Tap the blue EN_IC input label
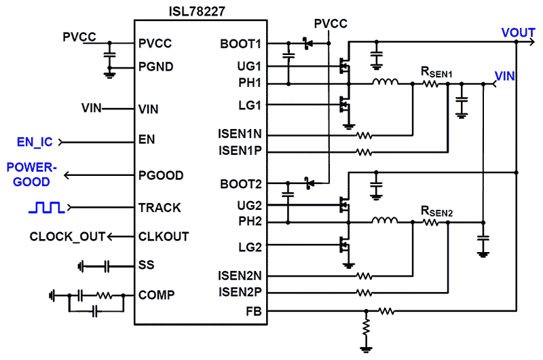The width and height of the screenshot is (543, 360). tap(34, 142)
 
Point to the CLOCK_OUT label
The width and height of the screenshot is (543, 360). tap(67, 236)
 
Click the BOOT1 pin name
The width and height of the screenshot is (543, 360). tap(244, 43)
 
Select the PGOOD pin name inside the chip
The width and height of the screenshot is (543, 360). tap(160, 175)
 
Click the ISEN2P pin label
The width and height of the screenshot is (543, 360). tap(240, 293)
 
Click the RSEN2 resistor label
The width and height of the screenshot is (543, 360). tap(436, 212)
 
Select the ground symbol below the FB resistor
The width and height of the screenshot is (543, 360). tap(367, 350)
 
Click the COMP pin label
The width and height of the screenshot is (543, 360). tap(156, 295)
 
